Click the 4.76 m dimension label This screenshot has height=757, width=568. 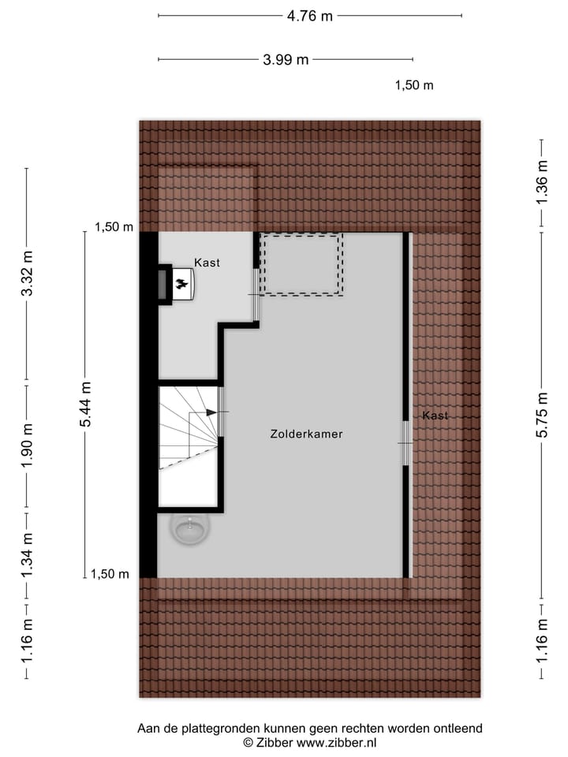309,15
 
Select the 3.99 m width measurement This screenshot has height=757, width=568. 285,59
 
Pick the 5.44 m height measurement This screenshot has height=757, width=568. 86,404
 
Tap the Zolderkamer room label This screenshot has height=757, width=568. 306,434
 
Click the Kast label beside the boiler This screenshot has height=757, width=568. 207,263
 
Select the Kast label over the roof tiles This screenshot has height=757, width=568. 435,416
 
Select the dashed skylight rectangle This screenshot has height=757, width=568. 301,264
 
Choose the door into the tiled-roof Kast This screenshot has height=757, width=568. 405,443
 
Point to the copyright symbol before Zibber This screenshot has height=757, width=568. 248,743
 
